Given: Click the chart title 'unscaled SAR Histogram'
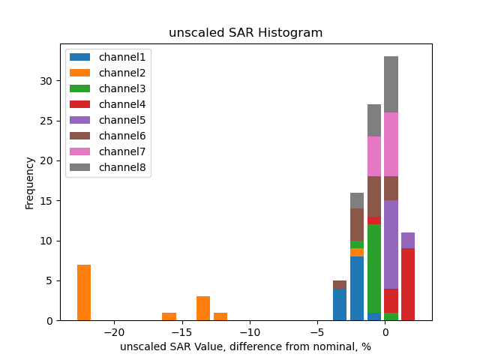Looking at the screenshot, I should [245, 33].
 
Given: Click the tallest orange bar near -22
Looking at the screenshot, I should [84, 292].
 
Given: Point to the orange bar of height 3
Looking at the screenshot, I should [203, 308].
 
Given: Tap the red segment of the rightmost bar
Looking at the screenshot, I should [408, 284].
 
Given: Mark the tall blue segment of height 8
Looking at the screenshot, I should [357, 288].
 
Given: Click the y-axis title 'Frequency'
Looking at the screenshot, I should [30, 182].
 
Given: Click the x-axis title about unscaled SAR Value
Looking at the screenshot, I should [245, 346].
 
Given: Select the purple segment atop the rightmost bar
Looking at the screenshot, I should [408, 240].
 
